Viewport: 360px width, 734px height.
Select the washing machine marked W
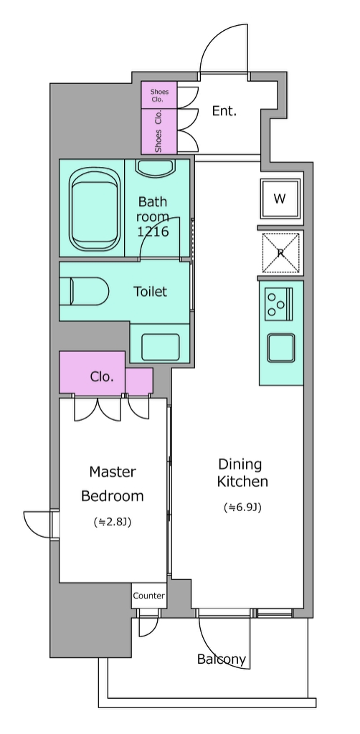click(x=280, y=199)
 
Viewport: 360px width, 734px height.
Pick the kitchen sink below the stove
click(x=281, y=348)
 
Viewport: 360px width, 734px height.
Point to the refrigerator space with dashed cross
click(x=280, y=253)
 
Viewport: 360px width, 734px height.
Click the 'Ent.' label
click(x=224, y=111)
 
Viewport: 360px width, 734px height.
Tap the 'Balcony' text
click(x=222, y=659)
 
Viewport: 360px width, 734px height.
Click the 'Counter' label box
click(x=149, y=596)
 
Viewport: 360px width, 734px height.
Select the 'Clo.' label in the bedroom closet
click(x=102, y=376)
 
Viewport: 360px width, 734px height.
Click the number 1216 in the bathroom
click(x=153, y=231)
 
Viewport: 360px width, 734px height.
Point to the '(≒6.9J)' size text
click(x=242, y=507)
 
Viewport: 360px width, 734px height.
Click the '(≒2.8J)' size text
click(x=113, y=522)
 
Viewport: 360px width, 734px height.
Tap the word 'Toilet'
click(x=151, y=292)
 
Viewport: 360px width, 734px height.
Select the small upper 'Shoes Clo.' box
click(x=159, y=95)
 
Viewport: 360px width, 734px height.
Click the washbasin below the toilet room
click(x=160, y=347)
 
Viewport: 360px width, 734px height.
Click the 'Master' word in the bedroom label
click(x=113, y=472)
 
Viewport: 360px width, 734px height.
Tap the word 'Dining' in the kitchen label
click(x=240, y=464)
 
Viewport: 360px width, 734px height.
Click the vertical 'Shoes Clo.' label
click(x=158, y=132)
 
